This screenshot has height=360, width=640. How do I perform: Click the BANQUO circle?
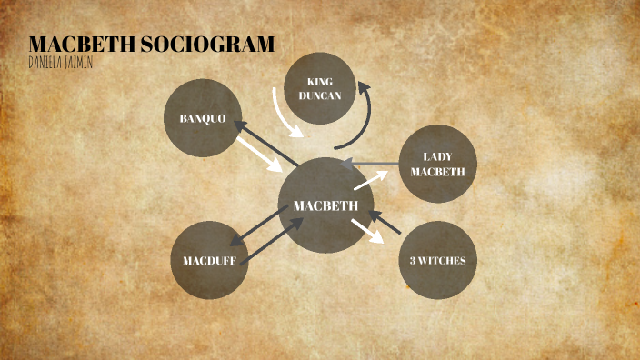point(203,118)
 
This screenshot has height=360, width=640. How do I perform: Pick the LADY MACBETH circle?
point(437,164)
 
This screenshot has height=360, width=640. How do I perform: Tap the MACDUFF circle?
point(210,260)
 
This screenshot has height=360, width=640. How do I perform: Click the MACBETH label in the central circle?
point(325,206)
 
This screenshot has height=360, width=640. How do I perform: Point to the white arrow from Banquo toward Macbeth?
point(261,155)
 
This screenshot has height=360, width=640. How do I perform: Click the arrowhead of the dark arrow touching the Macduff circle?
point(238,243)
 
